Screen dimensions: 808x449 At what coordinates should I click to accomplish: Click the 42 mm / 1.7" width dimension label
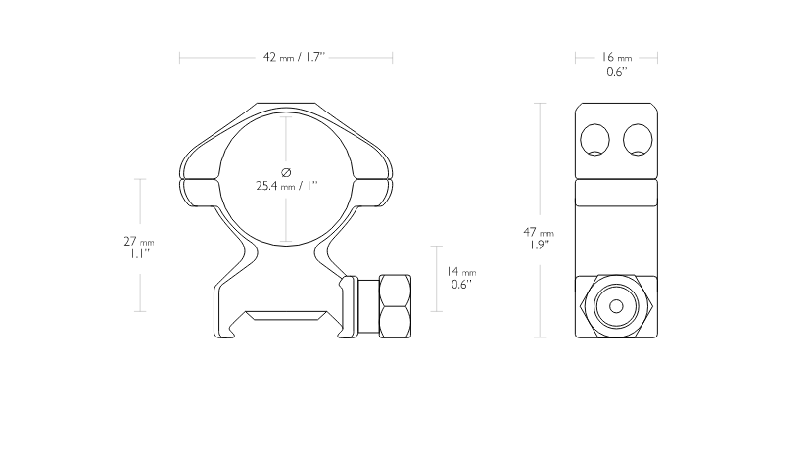(x=294, y=57)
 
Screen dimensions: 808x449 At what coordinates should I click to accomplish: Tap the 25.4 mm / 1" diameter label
(x=287, y=185)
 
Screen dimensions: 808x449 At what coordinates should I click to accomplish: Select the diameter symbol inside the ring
(x=287, y=172)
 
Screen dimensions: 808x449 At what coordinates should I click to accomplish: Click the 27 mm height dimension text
(x=139, y=241)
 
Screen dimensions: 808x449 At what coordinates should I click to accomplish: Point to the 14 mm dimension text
(x=460, y=271)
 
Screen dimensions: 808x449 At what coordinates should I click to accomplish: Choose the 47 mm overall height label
(x=539, y=232)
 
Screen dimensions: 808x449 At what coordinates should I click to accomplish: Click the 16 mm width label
(x=616, y=57)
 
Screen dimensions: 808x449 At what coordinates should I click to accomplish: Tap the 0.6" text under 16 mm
(x=616, y=72)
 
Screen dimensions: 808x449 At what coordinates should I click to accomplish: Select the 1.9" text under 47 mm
(x=539, y=246)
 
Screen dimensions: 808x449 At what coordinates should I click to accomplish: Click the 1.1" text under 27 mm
(x=139, y=254)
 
